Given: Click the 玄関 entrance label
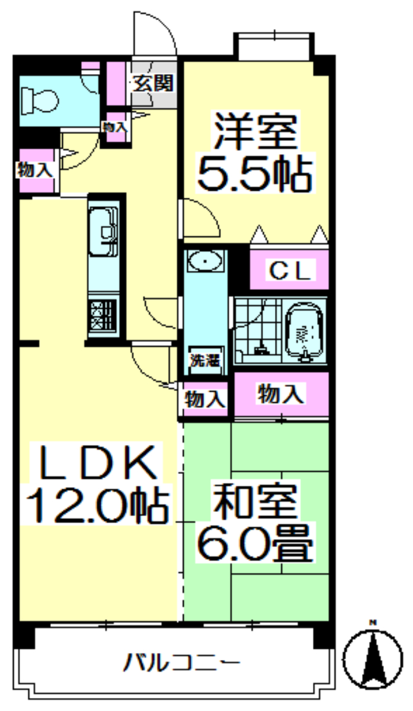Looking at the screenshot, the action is click(x=153, y=83).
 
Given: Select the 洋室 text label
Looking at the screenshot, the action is click(x=256, y=131).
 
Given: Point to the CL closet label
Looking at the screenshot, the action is click(x=290, y=270).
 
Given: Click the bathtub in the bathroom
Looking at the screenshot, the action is click(x=305, y=332).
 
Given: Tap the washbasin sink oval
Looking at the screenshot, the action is click(x=205, y=261).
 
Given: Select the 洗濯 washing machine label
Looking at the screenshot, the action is click(x=205, y=360).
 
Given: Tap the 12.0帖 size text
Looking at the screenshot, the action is click(x=97, y=505).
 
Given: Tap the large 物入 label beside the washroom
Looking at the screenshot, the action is click(x=281, y=394).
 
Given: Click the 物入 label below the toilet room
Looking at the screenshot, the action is click(x=35, y=169).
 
